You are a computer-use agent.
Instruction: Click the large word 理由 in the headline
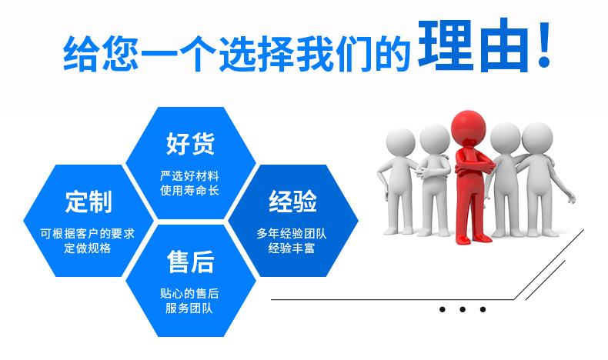coord(473,45)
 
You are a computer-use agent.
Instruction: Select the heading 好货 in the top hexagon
coord(190,143)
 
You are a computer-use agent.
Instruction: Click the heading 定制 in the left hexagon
coord(89,202)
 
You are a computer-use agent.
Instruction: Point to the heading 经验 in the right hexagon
coord(292,201)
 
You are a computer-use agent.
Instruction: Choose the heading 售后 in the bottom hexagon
coord(190,262)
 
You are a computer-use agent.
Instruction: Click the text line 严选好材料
coord(189,176)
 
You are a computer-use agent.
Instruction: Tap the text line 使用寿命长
coord(189,190)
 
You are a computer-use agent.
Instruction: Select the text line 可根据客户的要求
coord(88,233)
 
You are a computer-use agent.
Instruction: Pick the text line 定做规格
coord(88,248)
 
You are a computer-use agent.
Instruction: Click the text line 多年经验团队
coord(292,233)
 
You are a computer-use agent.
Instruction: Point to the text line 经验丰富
coord(292,248)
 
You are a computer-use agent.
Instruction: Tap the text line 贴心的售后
coord(189,293)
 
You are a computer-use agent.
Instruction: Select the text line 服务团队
coord(189,308)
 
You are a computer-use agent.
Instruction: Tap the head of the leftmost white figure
coord(401,142)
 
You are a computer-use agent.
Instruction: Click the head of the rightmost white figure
coord(537,138)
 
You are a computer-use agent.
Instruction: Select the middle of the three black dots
coord(463,309)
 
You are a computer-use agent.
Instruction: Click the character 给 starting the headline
coord(81,53)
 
